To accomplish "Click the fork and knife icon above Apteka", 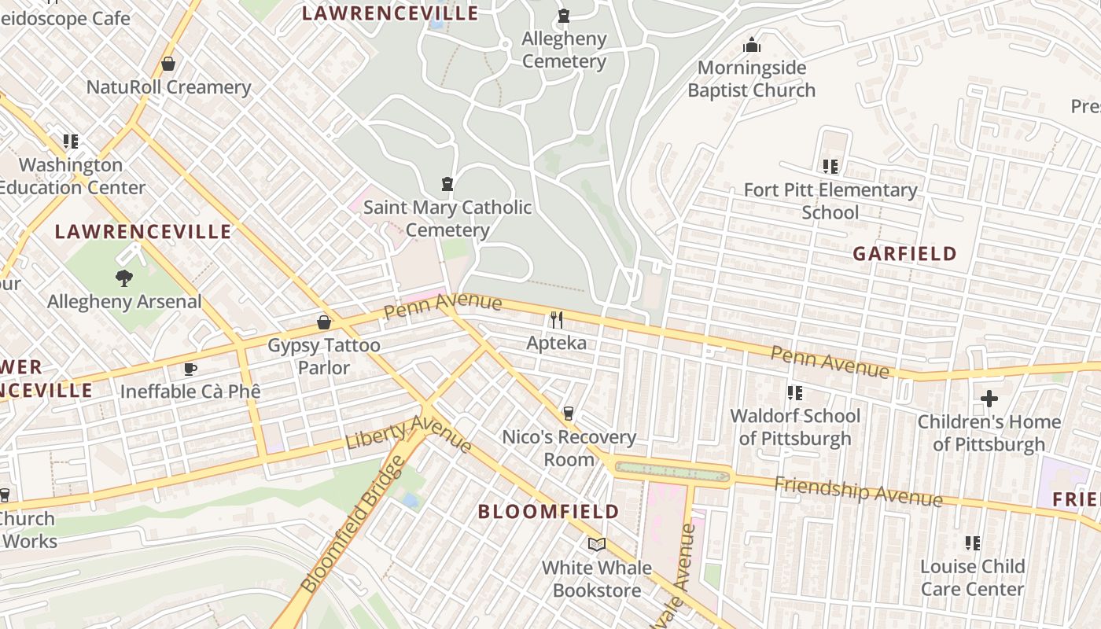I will [557, 319].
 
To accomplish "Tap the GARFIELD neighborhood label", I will [904, 254].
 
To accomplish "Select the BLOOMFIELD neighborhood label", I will [549, 512].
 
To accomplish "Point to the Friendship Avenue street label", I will [858, 491].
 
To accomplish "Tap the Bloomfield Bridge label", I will [352, 526].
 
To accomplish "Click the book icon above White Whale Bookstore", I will [597, 544].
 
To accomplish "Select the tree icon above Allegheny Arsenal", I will [123, 277].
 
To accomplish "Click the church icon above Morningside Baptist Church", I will [752, 45].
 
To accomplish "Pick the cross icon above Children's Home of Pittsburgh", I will [989, 399].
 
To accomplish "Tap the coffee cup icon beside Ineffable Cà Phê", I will [190, 369].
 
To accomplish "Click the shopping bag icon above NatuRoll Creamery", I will [168, 64].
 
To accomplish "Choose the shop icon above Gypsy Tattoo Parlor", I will [323, 322].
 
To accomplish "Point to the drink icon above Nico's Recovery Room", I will [569, 414].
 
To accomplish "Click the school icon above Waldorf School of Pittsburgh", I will [795, 392].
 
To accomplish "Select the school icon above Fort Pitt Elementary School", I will [830, 167].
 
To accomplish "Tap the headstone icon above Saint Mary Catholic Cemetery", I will [447, 185].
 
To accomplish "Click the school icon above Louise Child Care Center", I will [973, 543].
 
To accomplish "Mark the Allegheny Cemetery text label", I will [564, 50].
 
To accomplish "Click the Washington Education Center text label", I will [72, 176].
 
